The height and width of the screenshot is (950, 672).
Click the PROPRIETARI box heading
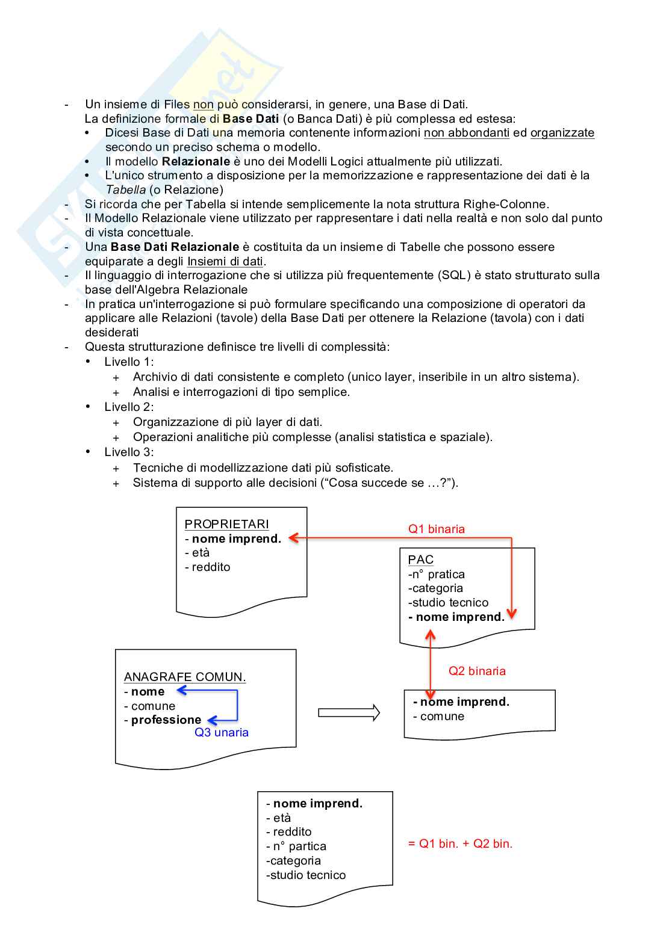click(226, 524)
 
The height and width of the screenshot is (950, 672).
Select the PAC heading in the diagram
click(420, 560)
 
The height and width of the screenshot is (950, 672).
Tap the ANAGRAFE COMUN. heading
click(185, 677)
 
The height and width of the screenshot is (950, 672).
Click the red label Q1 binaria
click(437, 529)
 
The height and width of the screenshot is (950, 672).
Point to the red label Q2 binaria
click(477, 671)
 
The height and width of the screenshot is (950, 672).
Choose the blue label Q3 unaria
click(222, 732)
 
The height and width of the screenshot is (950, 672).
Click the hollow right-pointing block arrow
click(349, 713)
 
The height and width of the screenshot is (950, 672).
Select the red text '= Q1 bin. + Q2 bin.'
click(460, 844)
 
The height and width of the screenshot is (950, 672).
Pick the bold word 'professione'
click(166, 720)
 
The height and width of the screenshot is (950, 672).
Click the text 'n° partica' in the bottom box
click(299, 846)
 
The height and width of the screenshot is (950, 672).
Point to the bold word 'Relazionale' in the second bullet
click(196, 161)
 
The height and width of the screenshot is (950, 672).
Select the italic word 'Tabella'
click(125, 190)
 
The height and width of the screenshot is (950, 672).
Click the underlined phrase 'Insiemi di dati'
click(225, 261)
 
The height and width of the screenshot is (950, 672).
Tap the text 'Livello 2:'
click(129, 407)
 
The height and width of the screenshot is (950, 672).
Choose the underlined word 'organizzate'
click(562, 133)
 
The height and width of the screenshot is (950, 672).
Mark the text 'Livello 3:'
click(129, 452)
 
